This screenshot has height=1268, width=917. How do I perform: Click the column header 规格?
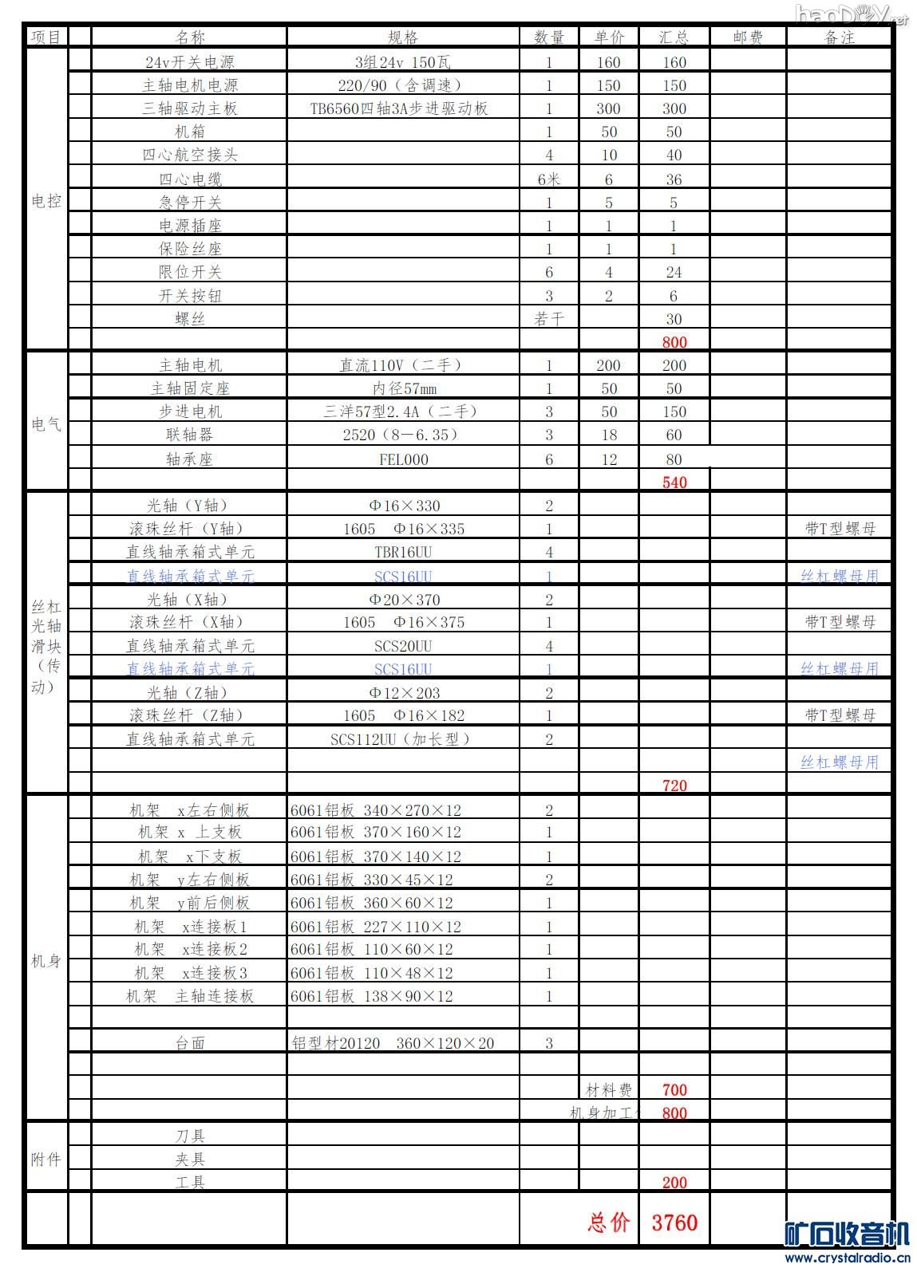point(403,37)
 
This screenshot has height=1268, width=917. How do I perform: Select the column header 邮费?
point(747,37)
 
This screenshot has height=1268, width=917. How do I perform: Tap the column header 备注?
point(839,37)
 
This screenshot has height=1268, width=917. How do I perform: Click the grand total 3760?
point(674,1222)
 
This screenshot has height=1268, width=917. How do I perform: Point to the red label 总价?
point(609,1222)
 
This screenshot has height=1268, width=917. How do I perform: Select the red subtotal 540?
point(674,482)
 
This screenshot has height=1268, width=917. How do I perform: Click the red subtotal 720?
point(674,786)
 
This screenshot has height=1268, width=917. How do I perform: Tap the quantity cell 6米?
point(549,179)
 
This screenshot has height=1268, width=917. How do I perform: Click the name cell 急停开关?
point(190,203)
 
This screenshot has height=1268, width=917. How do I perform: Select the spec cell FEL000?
point(403,459)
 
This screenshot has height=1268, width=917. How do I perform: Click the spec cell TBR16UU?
point(403,552)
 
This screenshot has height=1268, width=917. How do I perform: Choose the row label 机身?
point(45,961)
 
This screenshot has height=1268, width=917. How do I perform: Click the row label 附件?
point(45,1160)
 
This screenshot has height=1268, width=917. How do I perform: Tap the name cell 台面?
point(190,1043)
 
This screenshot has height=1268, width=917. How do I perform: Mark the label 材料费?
point(608,1090)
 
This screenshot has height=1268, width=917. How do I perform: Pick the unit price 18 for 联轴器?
point(609,435)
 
